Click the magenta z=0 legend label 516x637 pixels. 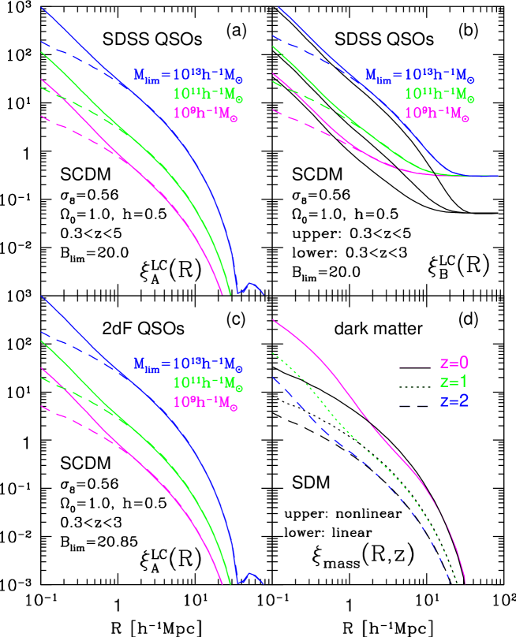pyautogui.click(x=454, y=363)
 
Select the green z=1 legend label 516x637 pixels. pyautogui.click(x=454, y=382)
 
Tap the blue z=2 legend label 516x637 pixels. pyautogui.click(x=454, y=402)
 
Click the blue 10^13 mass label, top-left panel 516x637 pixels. pyautogui.click(x=188, y=76)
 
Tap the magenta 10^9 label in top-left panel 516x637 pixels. pyautogui.click(x=206, y=113)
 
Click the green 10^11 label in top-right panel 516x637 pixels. pyautogui.click(x=439, y=94)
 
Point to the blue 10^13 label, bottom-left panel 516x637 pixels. pyautogui.click(x=188, y=366)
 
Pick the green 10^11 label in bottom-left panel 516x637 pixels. pyautogui.click(x=208, y=384)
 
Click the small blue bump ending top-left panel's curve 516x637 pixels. pyautogui.click(x=251, y=285)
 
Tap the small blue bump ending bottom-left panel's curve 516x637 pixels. pyautogui.click(x=251, y=575)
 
